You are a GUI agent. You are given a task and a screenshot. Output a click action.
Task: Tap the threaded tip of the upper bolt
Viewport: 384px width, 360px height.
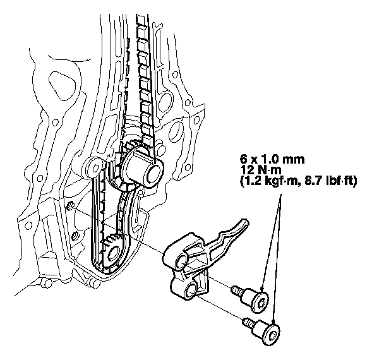click(237, 292)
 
